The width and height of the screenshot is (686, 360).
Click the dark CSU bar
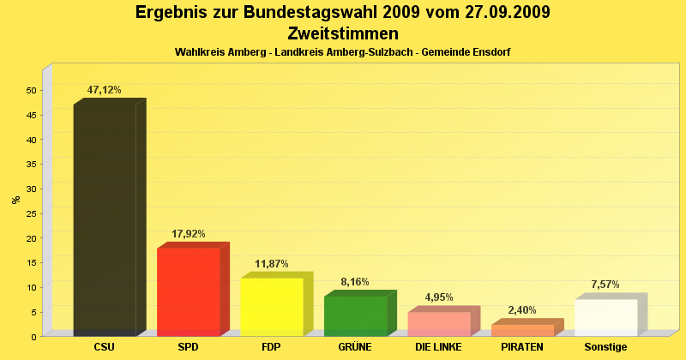(x=105, y=219)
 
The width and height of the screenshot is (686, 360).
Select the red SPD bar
(x=189, y=291)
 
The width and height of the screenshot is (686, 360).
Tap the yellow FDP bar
(x=272, y=306)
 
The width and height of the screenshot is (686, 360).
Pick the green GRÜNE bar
(x=355, y=315)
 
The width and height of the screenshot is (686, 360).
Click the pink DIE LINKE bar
(x=439, y=324)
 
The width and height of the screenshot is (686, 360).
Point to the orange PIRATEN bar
(x=522, y=330)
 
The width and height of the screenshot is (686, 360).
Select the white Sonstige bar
(x=605, y=317)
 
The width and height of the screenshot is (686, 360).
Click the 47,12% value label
(x=105, y=90)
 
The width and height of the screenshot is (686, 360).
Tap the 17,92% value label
(x=189, y=233)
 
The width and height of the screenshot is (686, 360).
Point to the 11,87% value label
(x=272, y=263)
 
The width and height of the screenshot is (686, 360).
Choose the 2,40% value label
(x=522, y=310)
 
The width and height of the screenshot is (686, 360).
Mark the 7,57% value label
(x=605, y=285)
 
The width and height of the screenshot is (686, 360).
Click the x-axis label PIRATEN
(x=522, y=347)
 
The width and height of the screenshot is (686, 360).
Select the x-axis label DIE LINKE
(x=438, y=347)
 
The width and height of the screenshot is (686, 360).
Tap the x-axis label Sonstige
(x=605, y=347)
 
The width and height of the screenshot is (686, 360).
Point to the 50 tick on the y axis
(x=31, y=90)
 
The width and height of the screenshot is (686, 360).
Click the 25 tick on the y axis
(x=31, y=213)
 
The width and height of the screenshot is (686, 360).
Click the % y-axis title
(x=15, y=200)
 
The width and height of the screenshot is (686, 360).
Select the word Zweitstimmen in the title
(x=343, y=33)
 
